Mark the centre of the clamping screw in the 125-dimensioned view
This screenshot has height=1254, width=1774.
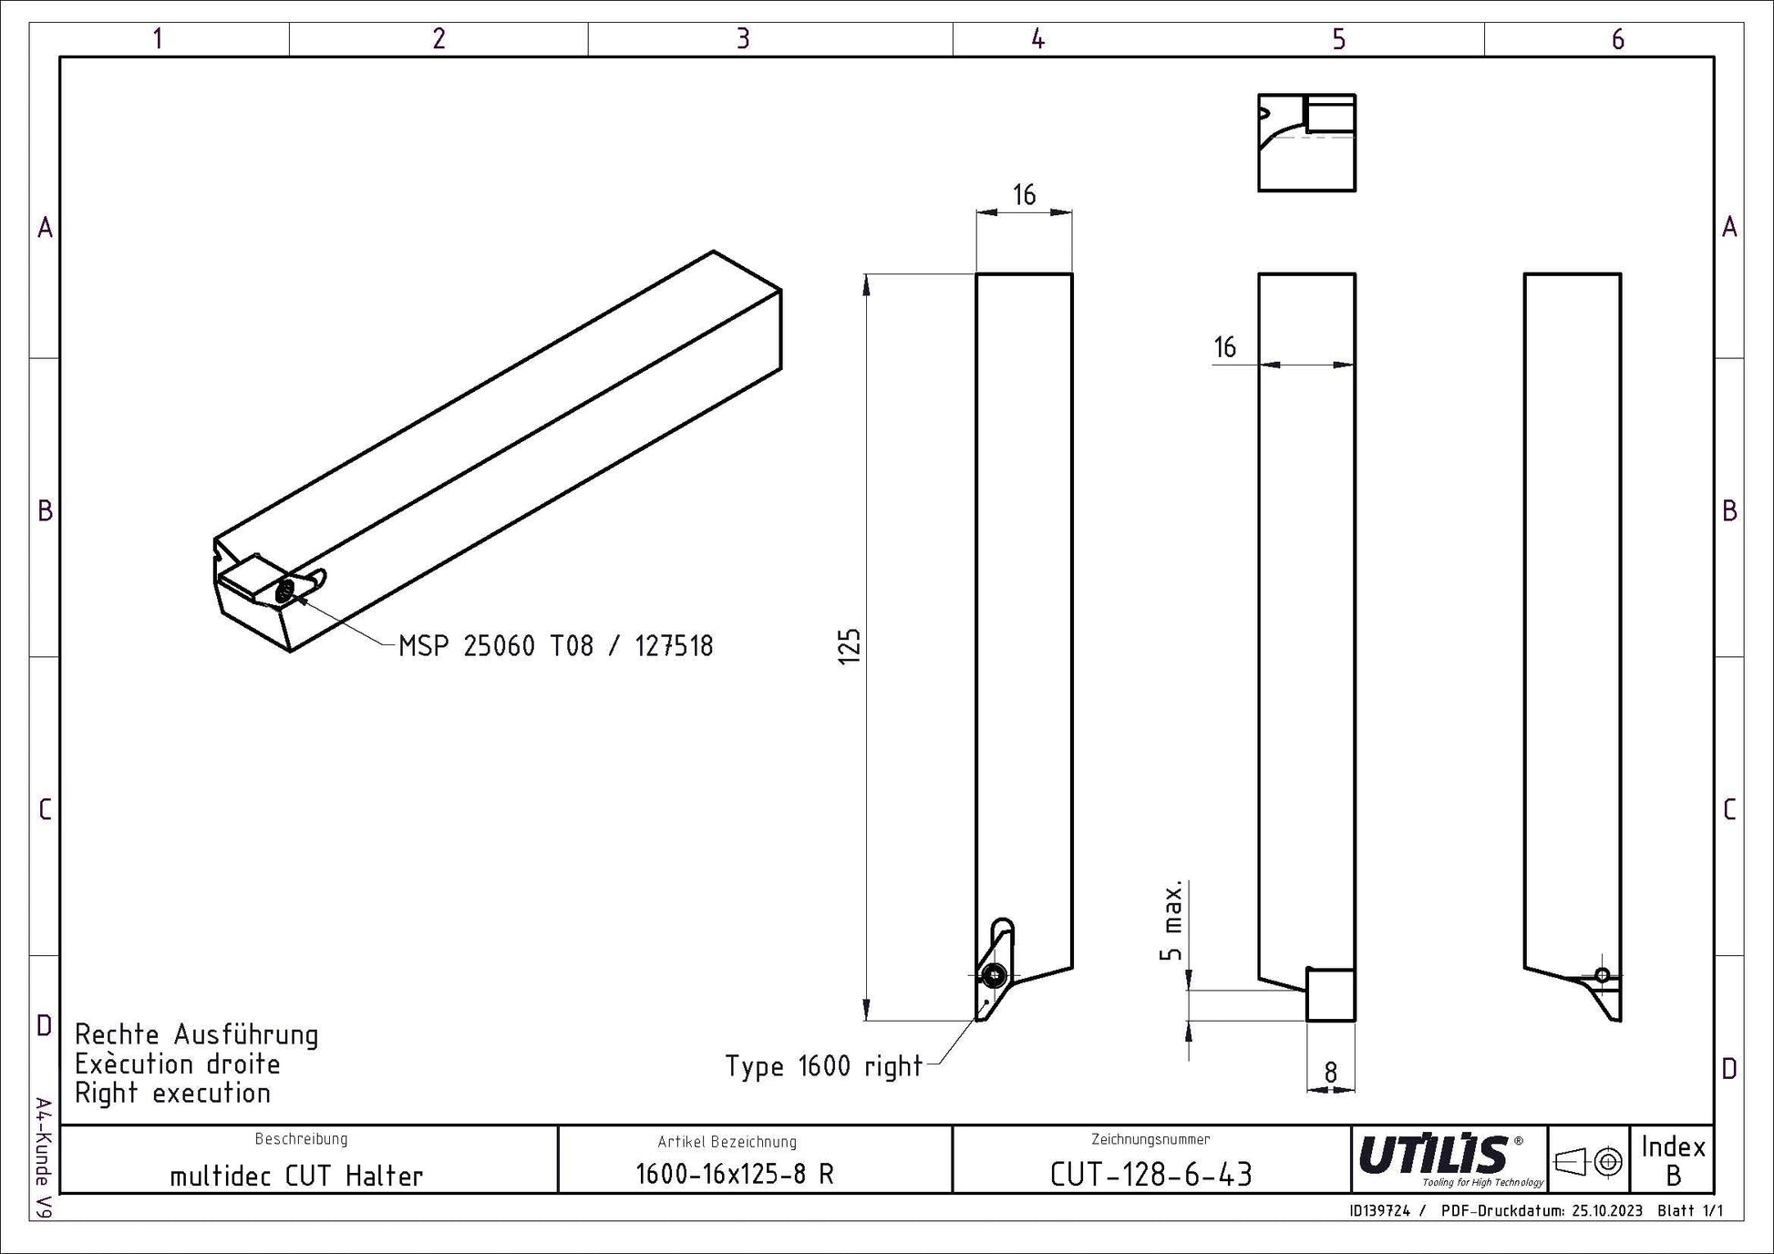coord(994,976)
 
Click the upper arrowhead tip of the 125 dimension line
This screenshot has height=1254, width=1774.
coord(867,274)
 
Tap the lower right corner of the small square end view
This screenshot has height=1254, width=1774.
coord(1355,190)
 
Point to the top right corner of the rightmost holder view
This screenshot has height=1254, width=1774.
coord(1620,273)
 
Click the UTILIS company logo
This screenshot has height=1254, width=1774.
coord(1449,1159)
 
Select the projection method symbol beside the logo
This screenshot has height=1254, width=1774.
coord(1588,1162)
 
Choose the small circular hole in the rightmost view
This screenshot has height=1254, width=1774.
coord(1602,974)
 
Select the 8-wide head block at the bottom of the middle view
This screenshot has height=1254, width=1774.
coord(1331,994)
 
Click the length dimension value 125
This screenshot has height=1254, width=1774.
coord(849,646)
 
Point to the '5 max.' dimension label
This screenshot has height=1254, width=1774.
coord(1172,920)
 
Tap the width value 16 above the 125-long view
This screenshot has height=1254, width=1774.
coord(1024,194)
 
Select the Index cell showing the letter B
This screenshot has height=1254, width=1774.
coord(1673,1160)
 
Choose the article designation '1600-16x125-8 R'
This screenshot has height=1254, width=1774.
coord(735,1174)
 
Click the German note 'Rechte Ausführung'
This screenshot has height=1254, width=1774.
coord(197,1035)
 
